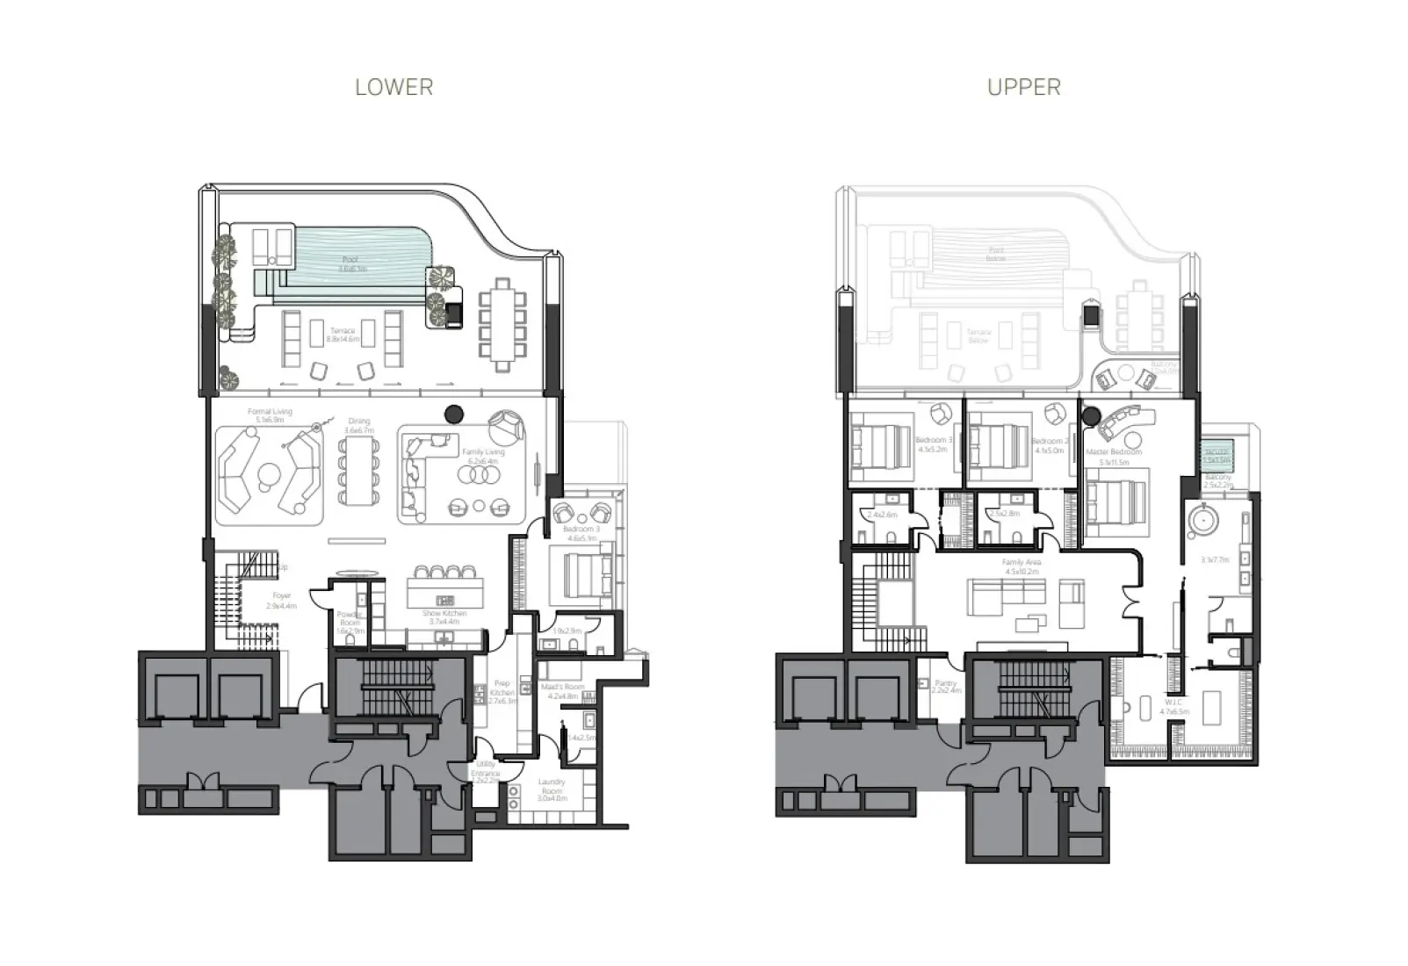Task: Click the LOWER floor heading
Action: tap(394, 87)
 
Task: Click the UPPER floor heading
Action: tap(1023, 87)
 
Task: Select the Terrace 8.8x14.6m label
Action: tap(343, 335)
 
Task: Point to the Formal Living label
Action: tap(270, 415)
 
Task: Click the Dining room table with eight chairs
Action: tap(359, 471)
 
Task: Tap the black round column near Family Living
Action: tap(454, 413)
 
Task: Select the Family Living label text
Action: tap(483, 457)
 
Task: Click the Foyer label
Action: tap(281, 601)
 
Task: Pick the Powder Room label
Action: tap(350, 623)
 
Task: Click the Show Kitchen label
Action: tap(444, 617)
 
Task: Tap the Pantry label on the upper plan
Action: tap(946, 686)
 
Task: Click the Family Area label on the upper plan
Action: tap(1021, 566)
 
